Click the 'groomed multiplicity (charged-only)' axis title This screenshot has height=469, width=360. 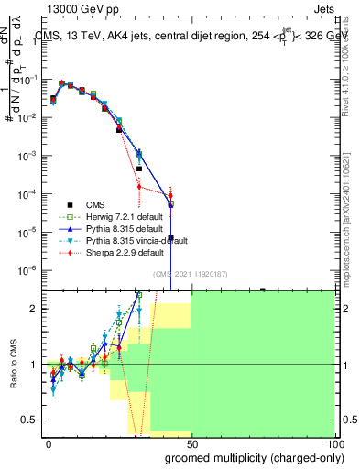(254, 457)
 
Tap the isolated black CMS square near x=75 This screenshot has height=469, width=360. (263, 289)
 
